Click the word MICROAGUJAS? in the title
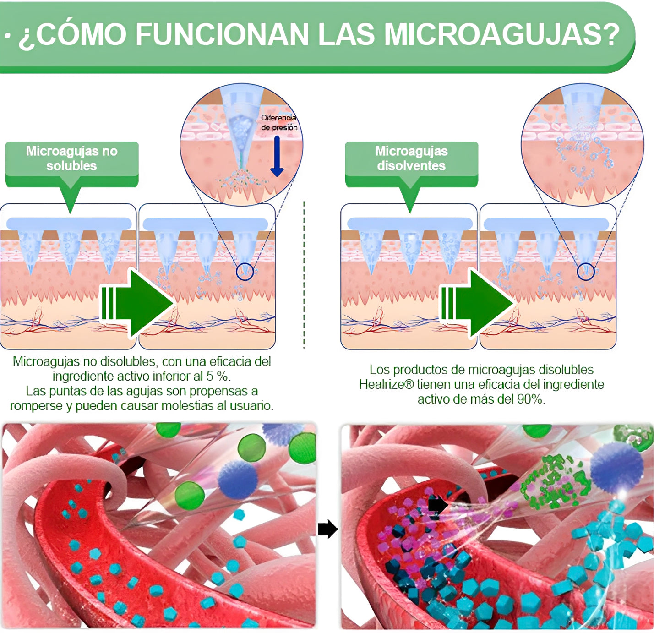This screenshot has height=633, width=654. [501, 34]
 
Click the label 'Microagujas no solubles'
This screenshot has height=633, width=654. [71, 158]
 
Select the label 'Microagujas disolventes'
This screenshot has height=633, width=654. [411, 158]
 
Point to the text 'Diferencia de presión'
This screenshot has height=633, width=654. [279, 123]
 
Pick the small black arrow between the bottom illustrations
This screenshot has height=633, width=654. [327, 529]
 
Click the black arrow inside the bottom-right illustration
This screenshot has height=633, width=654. [438, 505]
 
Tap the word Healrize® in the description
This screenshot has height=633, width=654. [386, 384]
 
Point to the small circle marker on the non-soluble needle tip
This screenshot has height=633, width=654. [245, 272]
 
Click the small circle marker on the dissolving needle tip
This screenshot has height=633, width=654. [585, 272]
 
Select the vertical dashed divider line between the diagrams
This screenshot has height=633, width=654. [304, 275]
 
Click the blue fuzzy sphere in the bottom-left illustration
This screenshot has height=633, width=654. [237, 479]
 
